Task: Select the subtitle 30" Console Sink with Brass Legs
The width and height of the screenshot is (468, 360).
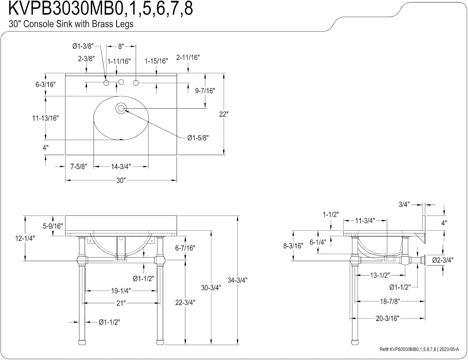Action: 71,24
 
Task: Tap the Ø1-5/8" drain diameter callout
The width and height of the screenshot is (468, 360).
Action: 198,138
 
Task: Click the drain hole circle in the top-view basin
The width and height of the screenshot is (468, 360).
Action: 121,108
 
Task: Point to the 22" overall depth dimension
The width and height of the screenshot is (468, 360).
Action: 224,114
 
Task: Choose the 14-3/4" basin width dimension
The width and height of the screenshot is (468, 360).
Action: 121,167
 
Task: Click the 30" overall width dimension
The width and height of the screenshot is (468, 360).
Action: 121,180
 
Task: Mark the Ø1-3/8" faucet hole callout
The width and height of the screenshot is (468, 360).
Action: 83,46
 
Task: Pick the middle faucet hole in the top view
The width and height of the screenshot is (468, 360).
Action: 121,82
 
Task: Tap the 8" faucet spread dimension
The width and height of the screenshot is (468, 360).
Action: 121,46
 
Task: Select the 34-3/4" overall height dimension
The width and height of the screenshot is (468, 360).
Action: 237,280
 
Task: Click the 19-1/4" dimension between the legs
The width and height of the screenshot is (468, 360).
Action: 121,291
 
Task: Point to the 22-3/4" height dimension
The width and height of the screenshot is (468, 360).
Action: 185,303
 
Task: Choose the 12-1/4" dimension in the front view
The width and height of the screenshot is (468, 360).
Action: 25,238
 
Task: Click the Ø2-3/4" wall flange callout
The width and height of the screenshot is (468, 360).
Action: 443,260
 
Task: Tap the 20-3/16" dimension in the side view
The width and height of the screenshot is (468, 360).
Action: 388,318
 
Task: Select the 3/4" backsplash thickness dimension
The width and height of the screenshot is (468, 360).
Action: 404,205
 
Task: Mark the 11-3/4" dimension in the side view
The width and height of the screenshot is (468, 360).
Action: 365,221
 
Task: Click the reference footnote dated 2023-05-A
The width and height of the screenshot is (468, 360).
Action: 419,349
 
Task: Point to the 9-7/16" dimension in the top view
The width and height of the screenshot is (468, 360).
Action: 205,91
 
